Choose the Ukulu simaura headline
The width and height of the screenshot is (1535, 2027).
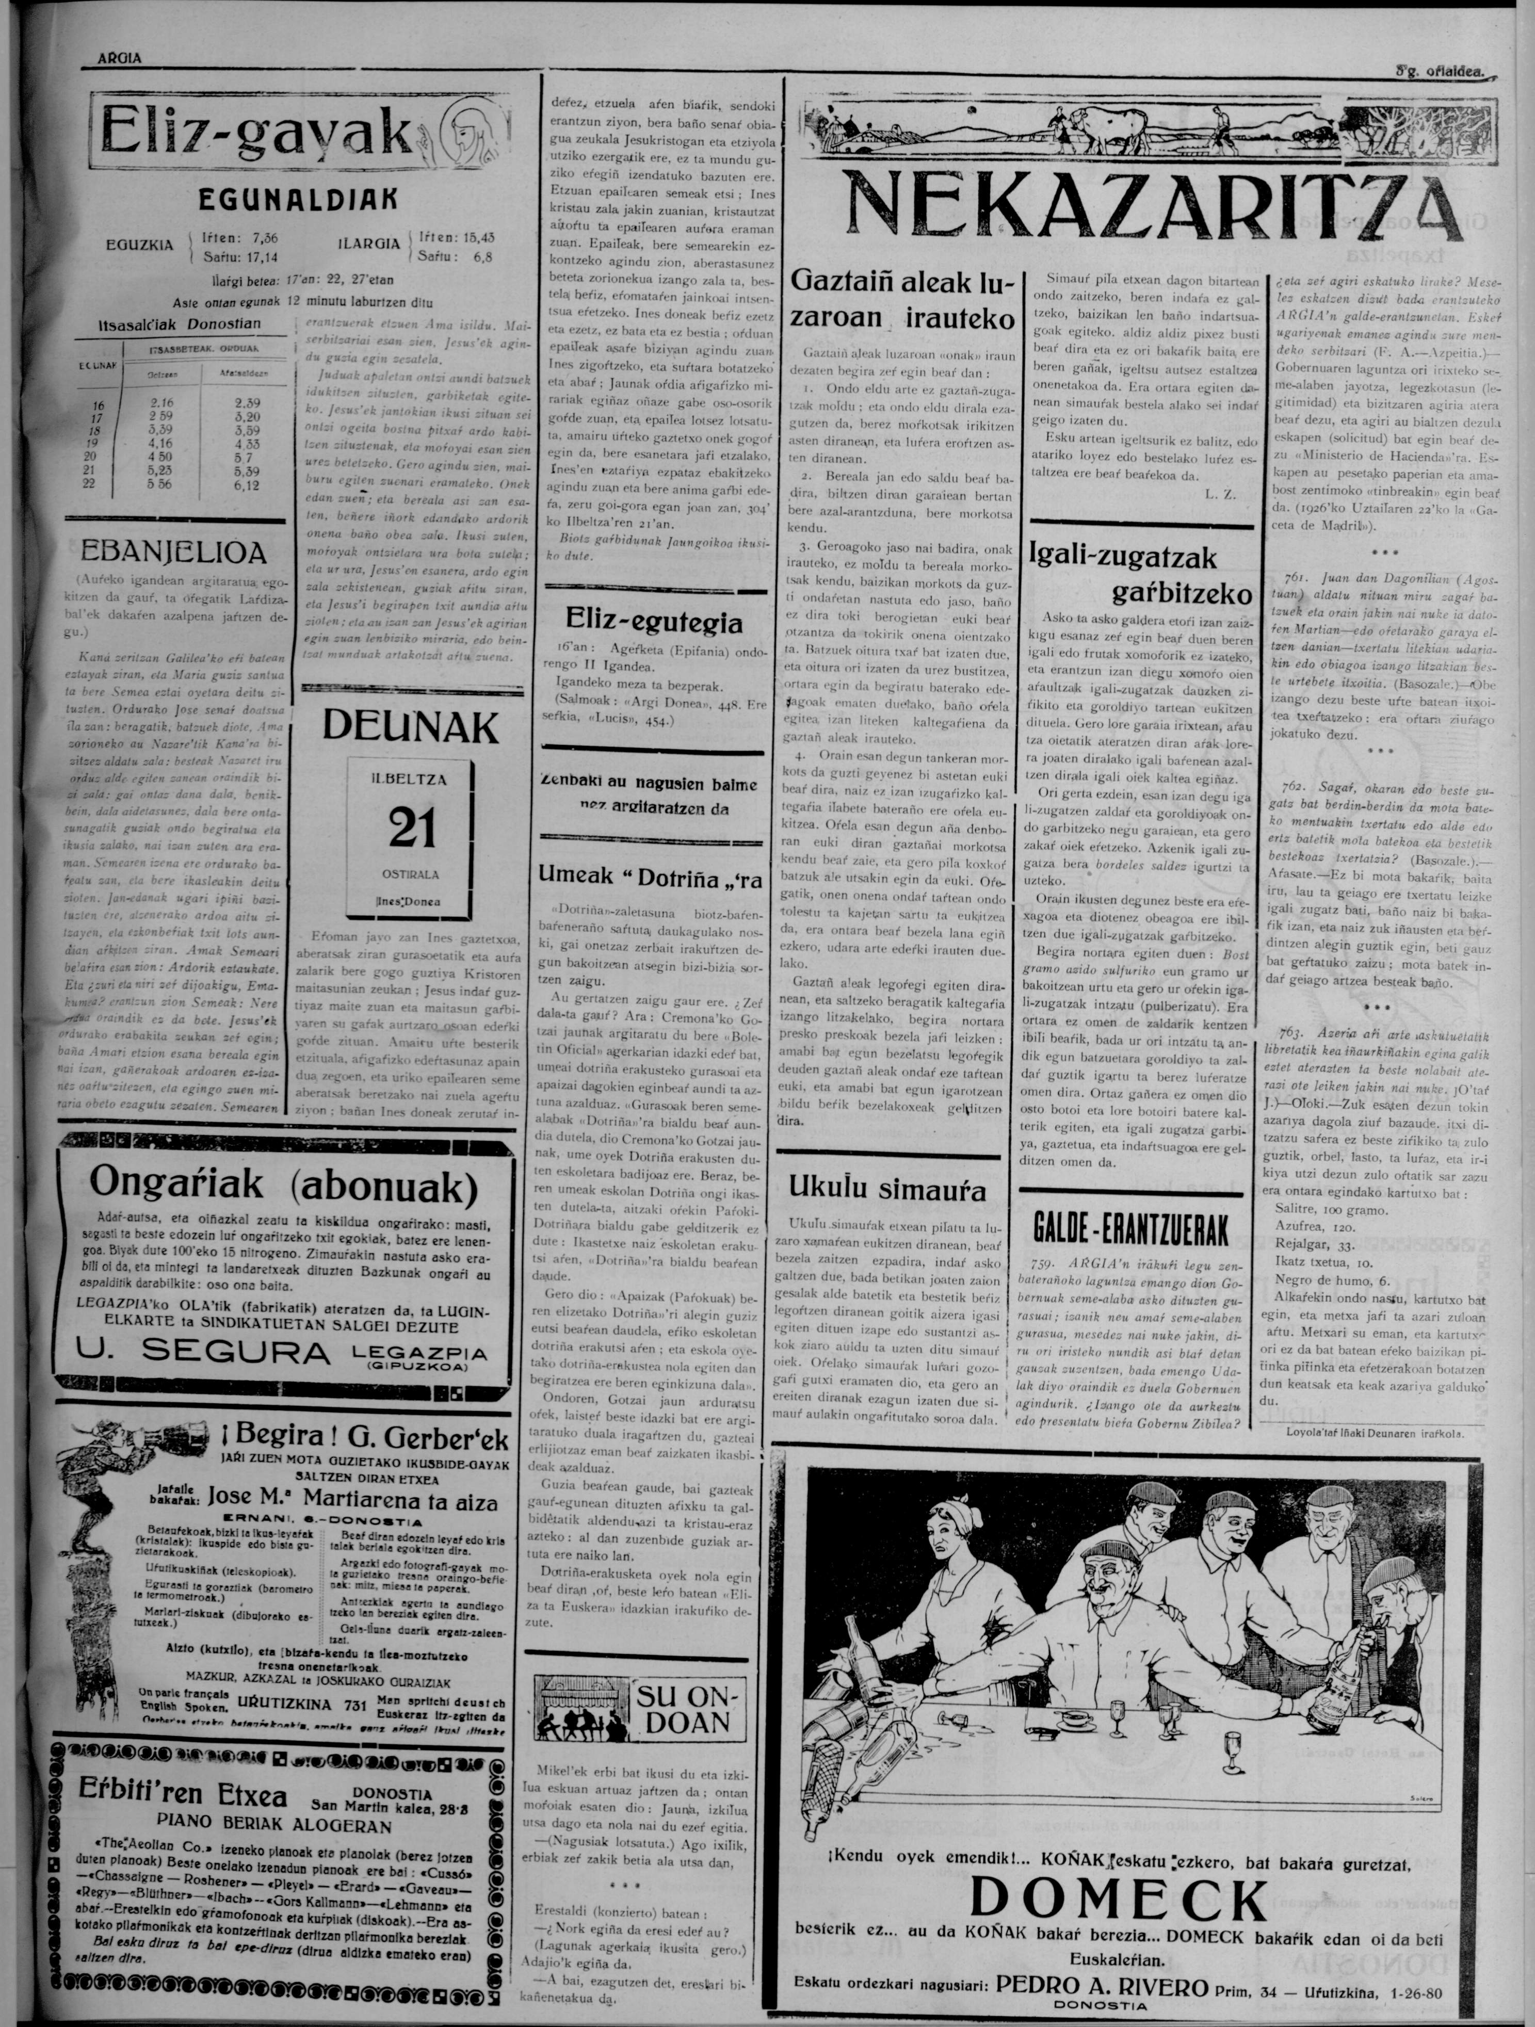point(887,1190)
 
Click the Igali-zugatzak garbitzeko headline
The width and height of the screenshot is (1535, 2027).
point(1140,575)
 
